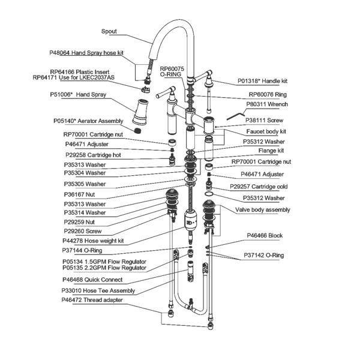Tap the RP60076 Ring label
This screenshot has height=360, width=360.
268,94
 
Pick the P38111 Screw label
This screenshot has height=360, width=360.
267,120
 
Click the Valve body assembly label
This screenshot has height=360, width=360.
262,209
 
